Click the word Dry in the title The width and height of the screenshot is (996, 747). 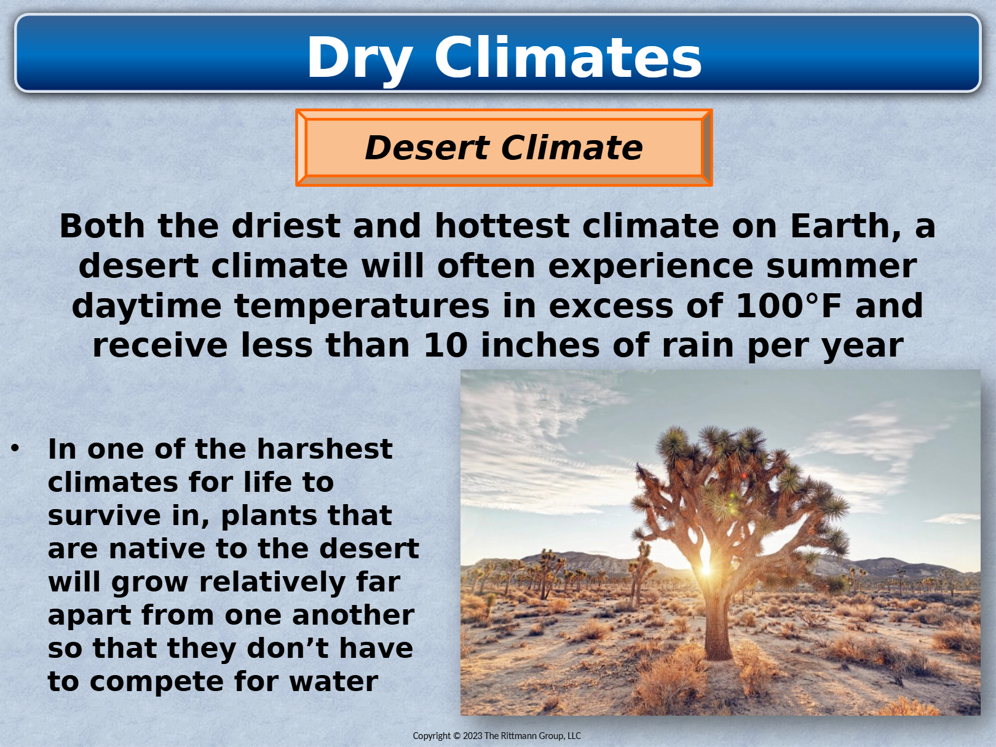pyautogui.click(x=360, y=59)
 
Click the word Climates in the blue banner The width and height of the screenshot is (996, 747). pyautogui.click(x=568, y=57)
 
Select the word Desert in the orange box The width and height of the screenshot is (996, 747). pyautogui.click(x=427, y=148)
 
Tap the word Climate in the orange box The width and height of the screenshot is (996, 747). pyautogui.click(x=572, y=148)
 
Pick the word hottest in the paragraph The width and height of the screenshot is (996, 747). pyautogui.click(x=502, y=226)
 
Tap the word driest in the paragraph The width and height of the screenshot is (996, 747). pyautogui.click(x=286, y=226)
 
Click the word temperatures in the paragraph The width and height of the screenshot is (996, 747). pyautogui.click(x=362, y=307)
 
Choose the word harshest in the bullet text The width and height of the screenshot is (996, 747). pyautogui.click(x=325, y=449)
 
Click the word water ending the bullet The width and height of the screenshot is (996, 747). pyautogui.click(x=333, y=682)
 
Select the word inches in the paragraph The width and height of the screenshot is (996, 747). pyautogui.click(x=540, y=346)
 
